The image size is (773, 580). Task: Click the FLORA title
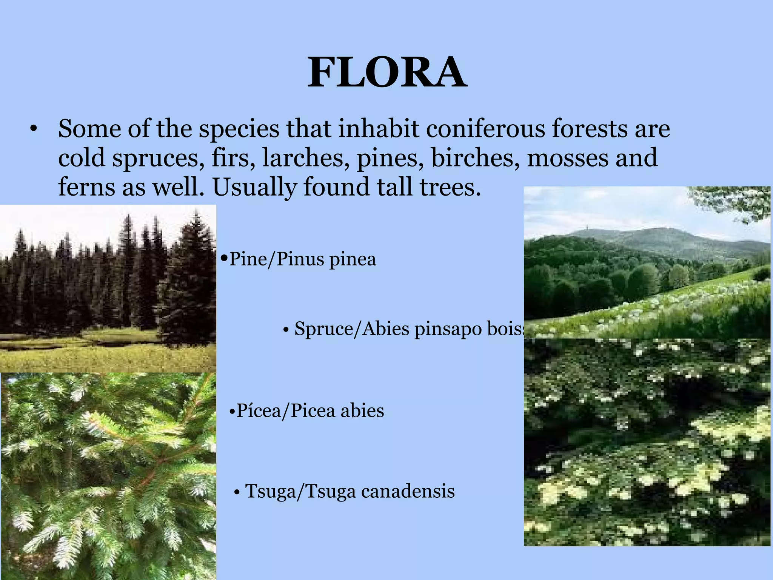387,72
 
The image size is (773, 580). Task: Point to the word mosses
568,157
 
